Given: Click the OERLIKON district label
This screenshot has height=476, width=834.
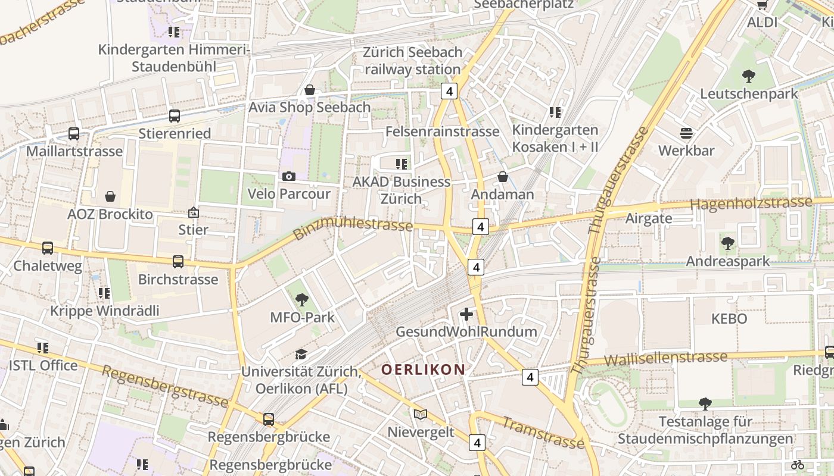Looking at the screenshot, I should (423, 369).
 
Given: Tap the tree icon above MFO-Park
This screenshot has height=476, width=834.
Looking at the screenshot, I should (302, 300).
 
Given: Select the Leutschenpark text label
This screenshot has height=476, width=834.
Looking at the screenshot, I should (749, 94).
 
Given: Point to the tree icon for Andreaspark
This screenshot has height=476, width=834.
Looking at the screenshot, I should (727, 243).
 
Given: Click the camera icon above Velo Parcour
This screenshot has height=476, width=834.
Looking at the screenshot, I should (289, 176).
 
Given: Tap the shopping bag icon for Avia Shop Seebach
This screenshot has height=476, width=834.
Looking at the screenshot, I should (310, 90).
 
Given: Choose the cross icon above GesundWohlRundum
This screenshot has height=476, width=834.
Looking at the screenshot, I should (466, 314).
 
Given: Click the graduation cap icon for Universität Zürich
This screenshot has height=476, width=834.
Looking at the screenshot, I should (301, 354).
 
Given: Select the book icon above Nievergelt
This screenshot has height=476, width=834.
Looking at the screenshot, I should (421, 414).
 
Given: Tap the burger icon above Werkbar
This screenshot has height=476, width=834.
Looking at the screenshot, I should (686, 133).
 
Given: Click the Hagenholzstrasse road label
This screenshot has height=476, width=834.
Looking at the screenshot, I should (751, 203).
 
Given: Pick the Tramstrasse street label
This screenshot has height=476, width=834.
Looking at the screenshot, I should (543, 433).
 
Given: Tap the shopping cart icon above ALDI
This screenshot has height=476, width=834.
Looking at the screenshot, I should (762, 5).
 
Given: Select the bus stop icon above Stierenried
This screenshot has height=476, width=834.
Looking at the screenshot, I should (175, 116).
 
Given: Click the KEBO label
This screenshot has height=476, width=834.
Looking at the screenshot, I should (729, 319).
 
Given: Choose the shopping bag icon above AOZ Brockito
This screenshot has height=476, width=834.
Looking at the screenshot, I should (110, 196).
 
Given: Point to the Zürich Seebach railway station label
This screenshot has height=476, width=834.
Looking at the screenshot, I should (413, 61).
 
